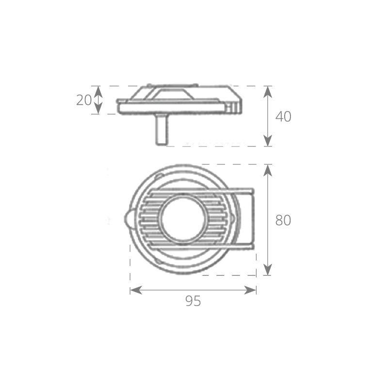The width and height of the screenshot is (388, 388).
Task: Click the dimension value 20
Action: point(84,100)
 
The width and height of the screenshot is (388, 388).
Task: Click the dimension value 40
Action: point(283,116)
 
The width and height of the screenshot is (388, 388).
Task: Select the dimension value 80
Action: point(283,220)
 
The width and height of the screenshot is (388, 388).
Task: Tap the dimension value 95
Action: point(193,301)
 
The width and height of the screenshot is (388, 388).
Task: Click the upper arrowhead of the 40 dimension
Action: point(268,92)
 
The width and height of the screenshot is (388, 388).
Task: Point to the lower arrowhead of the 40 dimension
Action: point(268,141)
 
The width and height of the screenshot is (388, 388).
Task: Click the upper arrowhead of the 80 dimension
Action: point(268,170)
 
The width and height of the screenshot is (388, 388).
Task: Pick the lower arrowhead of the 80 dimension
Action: point(268,270)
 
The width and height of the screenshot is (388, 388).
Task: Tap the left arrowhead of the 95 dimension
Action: point(136,290)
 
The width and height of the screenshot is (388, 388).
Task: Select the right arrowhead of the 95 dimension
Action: point(250,290)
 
